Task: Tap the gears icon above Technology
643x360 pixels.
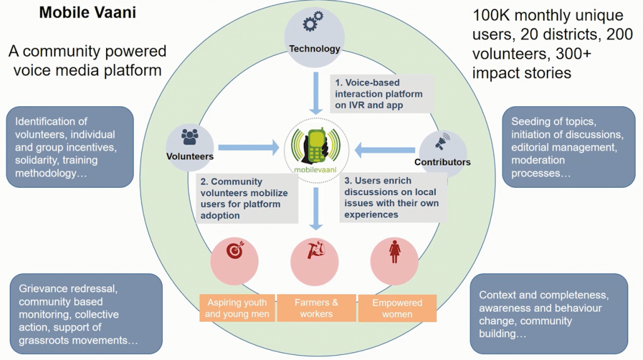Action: pos(313,25)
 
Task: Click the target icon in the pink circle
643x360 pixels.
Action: pos(234,251)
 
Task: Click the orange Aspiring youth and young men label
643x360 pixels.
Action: pos(237,308)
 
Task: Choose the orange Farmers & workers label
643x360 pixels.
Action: pos(316,308)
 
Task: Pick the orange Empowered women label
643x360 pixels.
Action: pos(397,308)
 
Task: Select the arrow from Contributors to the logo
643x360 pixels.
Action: pos(385,150)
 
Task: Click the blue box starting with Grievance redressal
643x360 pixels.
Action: pos(86,314)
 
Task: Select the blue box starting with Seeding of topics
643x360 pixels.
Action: pos(569,148)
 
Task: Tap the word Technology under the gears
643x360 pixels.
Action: pos(314,48)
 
